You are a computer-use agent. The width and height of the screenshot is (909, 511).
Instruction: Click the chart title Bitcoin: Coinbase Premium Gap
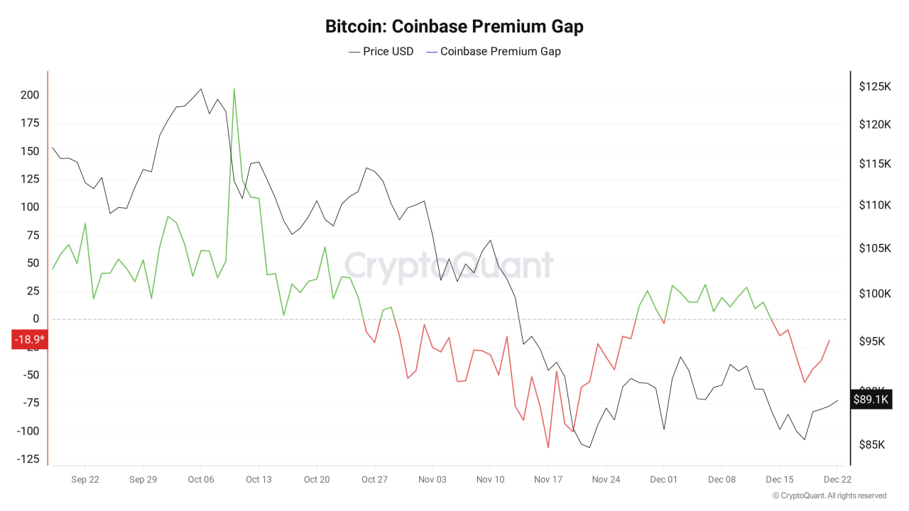[x=454, y=27]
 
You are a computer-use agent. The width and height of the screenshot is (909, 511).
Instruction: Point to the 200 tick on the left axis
[x=29, y=96]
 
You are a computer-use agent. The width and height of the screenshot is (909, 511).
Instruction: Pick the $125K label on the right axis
[x=874, y=87]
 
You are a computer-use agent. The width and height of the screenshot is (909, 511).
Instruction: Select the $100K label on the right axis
[x=874, y=294]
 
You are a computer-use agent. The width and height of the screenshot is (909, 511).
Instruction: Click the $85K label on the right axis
[x=873, y=445]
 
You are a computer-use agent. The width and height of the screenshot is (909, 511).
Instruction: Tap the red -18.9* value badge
[x=29, y=340]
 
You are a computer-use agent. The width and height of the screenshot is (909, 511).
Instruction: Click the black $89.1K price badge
[x=871, y=400]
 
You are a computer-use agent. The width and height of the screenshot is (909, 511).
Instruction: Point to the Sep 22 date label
[x=85, y=480]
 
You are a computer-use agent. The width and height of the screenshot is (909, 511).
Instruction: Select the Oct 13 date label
[x=258, y=480]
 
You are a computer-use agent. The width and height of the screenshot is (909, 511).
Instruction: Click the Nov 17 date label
[x=548, y=480]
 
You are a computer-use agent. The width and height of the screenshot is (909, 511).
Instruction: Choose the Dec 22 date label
[x=837, y=480]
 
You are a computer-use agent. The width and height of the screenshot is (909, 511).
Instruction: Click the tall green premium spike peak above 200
[x=234, y=89]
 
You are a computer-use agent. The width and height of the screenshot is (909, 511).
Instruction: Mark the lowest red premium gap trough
[x=548, y=447]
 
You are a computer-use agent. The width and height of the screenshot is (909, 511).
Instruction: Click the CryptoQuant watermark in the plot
[x=449, y=267]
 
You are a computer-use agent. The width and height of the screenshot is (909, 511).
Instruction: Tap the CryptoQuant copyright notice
[x=829, y=496]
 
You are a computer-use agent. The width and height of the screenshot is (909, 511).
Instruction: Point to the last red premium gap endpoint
[x=829, y=341]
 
